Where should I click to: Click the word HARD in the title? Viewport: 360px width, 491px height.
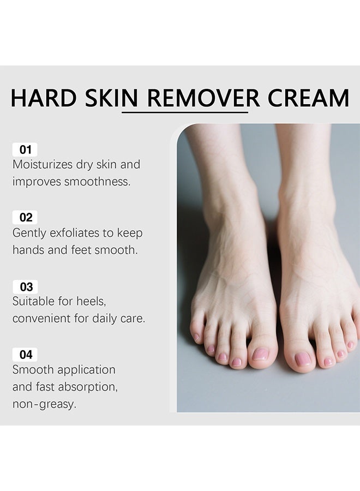(x=44, y=98)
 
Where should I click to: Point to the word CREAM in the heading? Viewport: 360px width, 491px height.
(x=308, y=98)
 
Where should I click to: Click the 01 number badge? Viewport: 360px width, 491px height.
(x=25, y=149)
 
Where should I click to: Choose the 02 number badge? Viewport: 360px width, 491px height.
(x=25, y=218)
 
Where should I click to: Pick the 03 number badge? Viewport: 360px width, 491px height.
(x=25, y=287)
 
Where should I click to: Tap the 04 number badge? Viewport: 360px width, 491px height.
(x=25, y=355)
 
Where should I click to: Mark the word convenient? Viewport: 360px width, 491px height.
(x=41, y=319)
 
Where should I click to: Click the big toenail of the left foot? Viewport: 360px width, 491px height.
(x=260, y=354)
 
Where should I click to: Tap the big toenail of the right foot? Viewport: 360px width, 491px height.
(x=303, y=359)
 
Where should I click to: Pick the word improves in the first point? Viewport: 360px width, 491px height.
(x=37, y=182)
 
